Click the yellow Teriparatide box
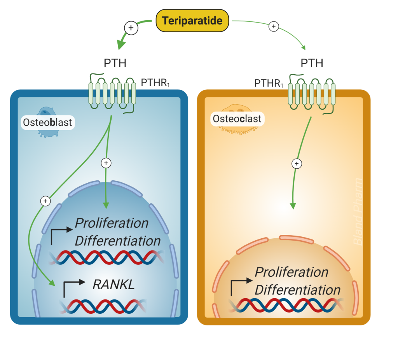point(192,20)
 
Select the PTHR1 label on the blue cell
point(155,83)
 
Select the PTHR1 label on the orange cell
point(269,83)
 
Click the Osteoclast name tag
point(237,119)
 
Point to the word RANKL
point(113,285)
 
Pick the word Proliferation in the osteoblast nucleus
point(112,223)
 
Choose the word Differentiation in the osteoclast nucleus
point(297,290)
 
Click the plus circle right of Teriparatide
point(274,26)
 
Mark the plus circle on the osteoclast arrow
point(297,164)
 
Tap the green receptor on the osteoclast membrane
point(311,93)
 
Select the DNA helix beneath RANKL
point(103,306)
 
